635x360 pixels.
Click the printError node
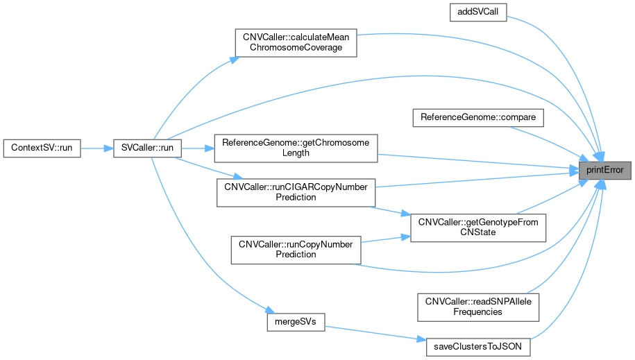(x=605, y=170)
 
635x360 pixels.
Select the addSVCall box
(x=477, y=12)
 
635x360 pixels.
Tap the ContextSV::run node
(x=42, y=148)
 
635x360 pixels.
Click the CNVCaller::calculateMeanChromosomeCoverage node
(x=296, y=44)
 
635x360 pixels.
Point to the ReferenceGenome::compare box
(x=477, y=117)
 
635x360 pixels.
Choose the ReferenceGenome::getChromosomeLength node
(x=296, y=148)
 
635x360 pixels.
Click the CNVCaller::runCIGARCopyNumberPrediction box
(x=296, y=192)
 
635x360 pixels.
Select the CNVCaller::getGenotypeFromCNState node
(x=479, y=228)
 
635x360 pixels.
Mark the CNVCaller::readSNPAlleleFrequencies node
(x=477, y=307)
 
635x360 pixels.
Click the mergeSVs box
(x=296, y=323)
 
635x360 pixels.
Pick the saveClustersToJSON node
(x=477, y=345)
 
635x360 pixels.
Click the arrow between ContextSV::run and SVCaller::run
(x=97, y=148)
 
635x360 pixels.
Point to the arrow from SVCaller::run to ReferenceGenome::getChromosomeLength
(x=198, y=148)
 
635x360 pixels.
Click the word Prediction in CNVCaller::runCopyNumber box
(x=296, y=255)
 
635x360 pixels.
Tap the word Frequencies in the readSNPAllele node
(x=477, y=311)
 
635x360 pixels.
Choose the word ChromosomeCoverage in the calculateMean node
(x=296, y=49)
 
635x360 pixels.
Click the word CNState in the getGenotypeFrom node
(x=479, y=232)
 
